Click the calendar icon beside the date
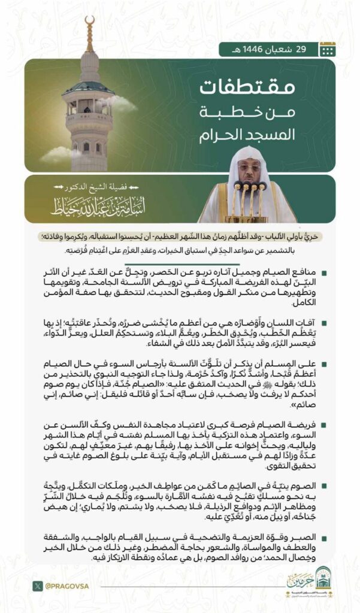click(x=327, y=49)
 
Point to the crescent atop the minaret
click(x=90, y=23)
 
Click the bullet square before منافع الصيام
click(x=324, y=274)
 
